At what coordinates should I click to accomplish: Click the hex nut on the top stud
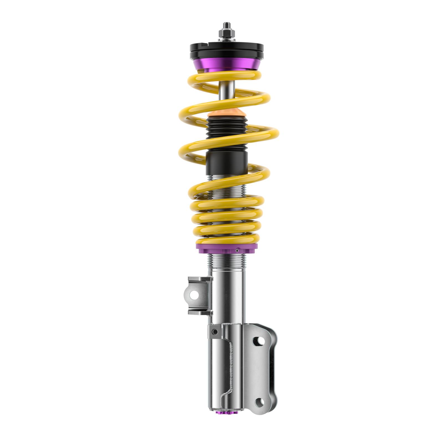(x=226, y=33)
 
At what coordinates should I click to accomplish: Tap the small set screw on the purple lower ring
(x=237, y=250)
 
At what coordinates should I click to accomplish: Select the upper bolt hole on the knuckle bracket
(x=260, y=341)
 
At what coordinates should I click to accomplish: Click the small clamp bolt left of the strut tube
(x=214, y=332)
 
